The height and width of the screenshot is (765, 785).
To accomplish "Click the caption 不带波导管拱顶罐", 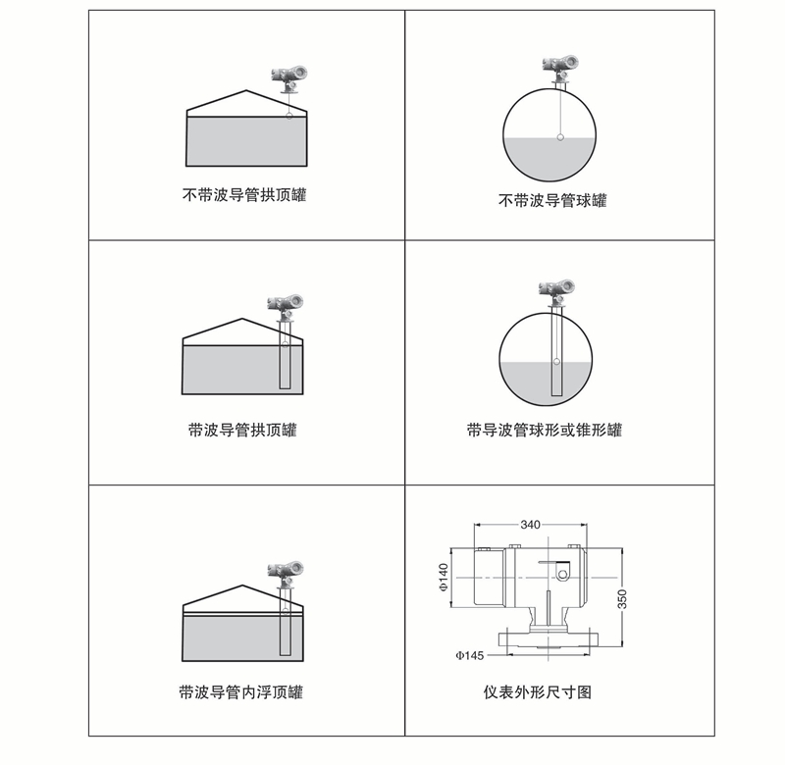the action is (x=244, y=194).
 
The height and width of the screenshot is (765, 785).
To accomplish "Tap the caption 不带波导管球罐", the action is (x=552, y=201).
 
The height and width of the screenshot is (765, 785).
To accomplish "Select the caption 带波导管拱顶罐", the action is (x=242, y=430).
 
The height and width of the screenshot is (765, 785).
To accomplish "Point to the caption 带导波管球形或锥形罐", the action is (x=545, y=430).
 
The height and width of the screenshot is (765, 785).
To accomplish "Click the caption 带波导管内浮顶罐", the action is (x=241, y=692).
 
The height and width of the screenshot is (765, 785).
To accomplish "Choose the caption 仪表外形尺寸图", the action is (x=537, y=692).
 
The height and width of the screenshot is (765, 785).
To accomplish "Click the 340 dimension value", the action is (x=530, y=525).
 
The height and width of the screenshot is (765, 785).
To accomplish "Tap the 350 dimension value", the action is (x=622, y=599).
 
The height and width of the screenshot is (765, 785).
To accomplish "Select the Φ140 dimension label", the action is (x=444, y=578).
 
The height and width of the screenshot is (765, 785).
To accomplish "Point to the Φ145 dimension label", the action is (x=470, y=655).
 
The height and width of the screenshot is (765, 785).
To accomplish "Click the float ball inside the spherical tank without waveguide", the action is (x=560, y=137).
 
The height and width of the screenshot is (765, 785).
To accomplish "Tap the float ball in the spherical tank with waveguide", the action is (x=556, y=361).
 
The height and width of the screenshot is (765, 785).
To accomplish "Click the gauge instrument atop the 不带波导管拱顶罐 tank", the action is (x=288, y=79).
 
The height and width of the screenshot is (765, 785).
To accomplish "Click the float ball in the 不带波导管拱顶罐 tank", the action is (x=288, y=116).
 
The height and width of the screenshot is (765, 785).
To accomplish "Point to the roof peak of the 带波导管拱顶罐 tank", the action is (x=242, y=318).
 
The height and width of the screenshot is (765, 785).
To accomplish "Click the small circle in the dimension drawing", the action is (x=562, y=575).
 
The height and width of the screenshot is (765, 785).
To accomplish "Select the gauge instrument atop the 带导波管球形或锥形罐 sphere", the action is (x=556, y=293).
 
